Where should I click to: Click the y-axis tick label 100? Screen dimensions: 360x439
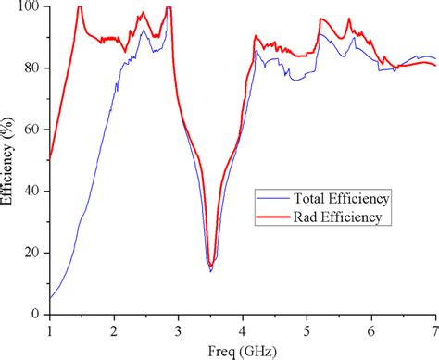[31, 7]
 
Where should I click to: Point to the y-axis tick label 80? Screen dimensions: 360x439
[33, 68]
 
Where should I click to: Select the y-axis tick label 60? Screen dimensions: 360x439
[33, 130]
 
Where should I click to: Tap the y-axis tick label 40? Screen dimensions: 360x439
[33, 192]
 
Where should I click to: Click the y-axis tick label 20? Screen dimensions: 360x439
[33, 253]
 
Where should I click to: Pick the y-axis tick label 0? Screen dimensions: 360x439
[37, 315]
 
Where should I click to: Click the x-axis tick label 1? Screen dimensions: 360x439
[49, 329]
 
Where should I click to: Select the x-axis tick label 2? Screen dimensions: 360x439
[113, 329]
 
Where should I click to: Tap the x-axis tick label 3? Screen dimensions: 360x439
[178, 329]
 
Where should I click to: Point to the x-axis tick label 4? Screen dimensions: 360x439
[242, 329]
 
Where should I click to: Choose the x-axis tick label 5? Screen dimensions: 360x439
[307, 329]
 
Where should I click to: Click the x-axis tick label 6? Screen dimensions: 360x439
[370, 329]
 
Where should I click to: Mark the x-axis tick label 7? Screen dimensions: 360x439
[434, 329]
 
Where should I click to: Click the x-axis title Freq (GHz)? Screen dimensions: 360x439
[243, 349]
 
